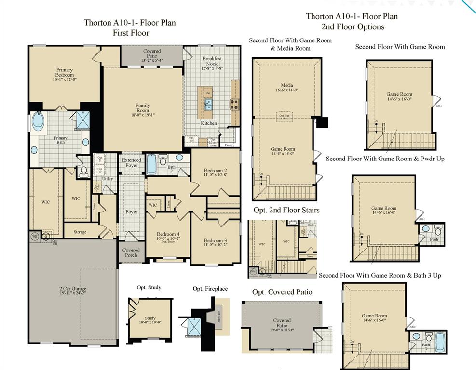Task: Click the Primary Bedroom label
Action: [x=64, y=72]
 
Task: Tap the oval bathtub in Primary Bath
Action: [x=38, y=120]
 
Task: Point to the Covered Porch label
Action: [x=131, y=252]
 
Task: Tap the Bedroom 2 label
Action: [x=215, y=171]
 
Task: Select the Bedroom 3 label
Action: [x=215, y=241]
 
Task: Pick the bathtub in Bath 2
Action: [x=151, y=164]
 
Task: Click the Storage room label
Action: [x=80, y=232]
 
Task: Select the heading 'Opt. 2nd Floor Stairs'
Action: [x=286, y=210]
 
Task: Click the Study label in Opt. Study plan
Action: [x=150, y=318]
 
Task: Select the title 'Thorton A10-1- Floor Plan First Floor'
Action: [x=131, y=27]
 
